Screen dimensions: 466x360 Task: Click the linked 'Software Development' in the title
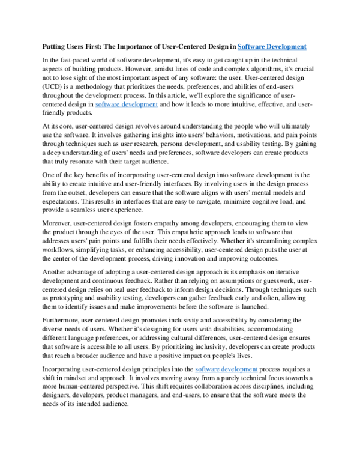pyautogui.click(x=272, y=46)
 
